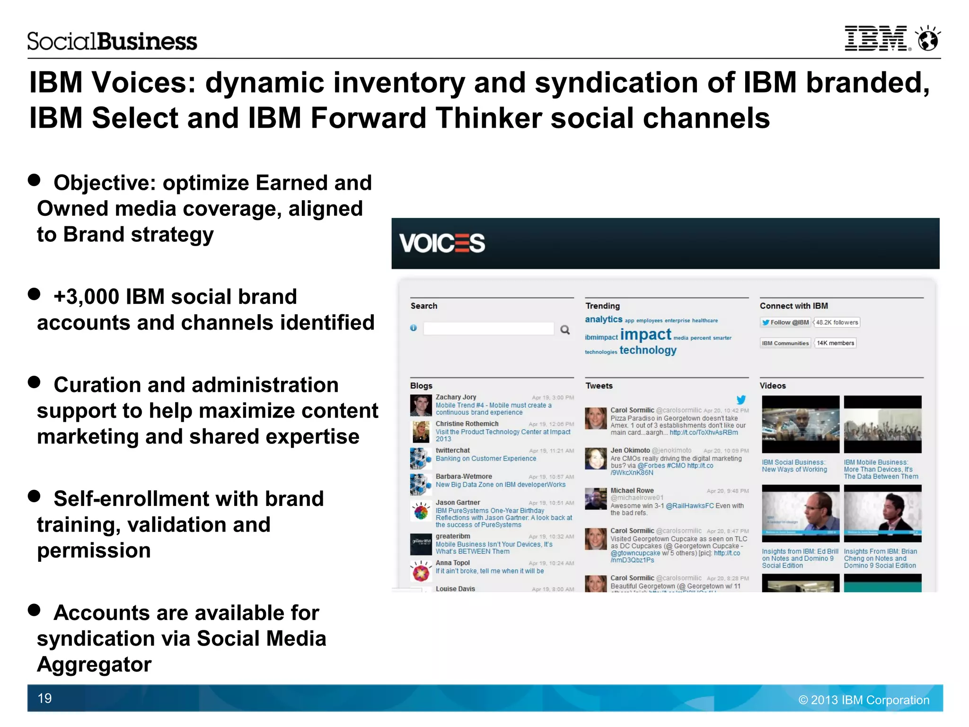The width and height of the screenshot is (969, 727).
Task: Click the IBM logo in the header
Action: [877, 39]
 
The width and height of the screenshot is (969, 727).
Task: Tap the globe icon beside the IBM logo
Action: [928, 39]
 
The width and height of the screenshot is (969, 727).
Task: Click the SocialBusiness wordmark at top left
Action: [112, 42]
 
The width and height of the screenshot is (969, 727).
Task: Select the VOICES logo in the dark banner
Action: [442, 243]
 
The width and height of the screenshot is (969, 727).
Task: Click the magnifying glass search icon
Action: [565, 330]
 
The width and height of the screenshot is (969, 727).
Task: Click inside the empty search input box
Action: [488, 329]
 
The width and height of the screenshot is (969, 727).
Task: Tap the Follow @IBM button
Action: [785, 322]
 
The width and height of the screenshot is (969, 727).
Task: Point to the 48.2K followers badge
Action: [837, 322]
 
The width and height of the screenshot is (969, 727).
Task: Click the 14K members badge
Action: [835, 343]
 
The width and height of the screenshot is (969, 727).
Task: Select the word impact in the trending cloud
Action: [645, 335]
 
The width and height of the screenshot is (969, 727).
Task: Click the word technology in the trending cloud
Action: [648, 350]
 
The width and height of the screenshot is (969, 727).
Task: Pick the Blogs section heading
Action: [421, 386]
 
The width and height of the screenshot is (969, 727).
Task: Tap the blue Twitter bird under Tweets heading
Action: [741, 399]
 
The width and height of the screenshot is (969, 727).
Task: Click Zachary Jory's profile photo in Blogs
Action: [421, 405]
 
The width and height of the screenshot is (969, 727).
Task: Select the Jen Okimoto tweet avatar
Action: [596, 458]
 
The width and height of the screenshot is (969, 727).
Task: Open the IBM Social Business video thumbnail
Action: [801, 425]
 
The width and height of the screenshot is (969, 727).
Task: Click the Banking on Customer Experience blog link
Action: [486, 459]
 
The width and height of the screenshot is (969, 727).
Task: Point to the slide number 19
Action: [44, 698]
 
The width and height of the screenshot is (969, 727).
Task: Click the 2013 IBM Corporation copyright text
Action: [864, 700]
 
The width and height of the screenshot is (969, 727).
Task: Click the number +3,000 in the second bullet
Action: [87, 297]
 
